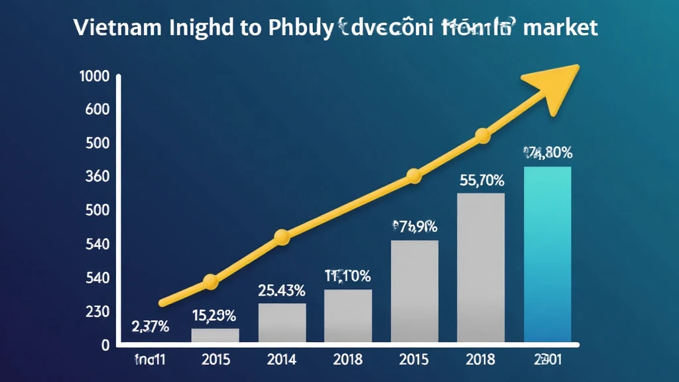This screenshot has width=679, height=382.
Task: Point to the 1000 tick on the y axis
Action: [x=93, y=76]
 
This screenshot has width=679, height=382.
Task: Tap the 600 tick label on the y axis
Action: [x=97, y=110]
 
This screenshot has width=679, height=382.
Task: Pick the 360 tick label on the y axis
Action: [x=97, y=177]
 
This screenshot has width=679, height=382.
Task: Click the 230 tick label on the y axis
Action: [x=97, y=312]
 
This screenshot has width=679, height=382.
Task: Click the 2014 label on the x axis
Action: [x=281, y=361]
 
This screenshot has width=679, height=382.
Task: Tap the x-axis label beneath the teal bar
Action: [x=547, y=361]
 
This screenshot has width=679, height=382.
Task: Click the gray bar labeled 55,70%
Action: [x=481, y=269]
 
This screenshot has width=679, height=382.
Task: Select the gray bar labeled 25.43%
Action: [x=281, y=323]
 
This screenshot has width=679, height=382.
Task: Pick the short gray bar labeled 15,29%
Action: [x=215, y=336]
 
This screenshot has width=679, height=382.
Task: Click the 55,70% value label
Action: [x=481, y=180]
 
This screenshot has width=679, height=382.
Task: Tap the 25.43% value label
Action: [x=281, y=290]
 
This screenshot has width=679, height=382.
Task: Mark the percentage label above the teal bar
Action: [x=548, y=153]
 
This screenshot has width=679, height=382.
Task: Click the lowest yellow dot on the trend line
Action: [x=210, y=282]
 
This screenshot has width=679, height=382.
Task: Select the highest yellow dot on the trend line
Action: [x=483, y=137]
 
